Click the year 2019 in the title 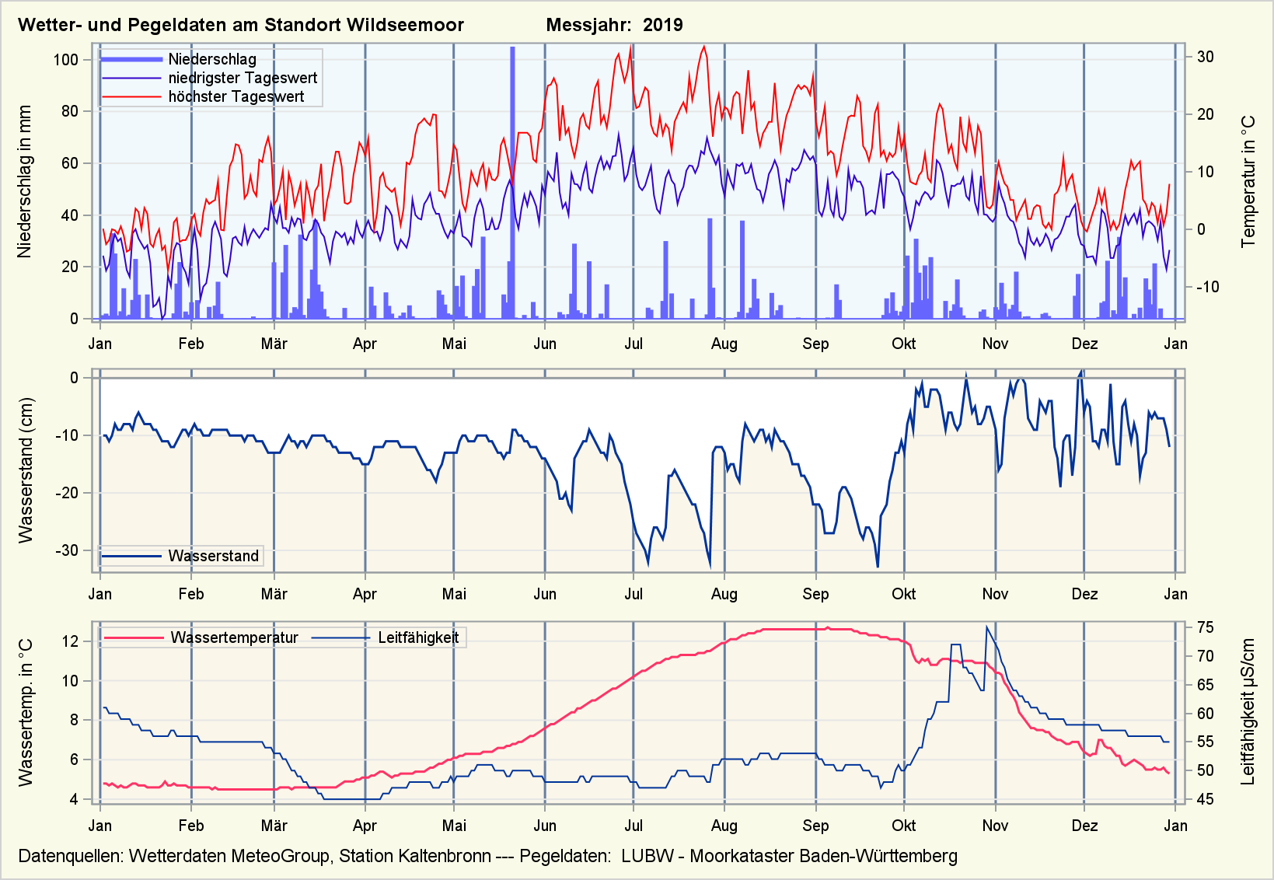662,25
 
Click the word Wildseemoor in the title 405,25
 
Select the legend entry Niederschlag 212,59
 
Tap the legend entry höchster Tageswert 236,96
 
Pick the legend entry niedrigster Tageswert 243,78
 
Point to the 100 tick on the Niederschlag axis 66,60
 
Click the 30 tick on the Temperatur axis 1205,57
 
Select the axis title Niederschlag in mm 25,182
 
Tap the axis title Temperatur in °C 1248,182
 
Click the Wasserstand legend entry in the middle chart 213,556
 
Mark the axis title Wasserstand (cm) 26,470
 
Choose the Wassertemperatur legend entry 234,638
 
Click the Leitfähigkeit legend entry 418,638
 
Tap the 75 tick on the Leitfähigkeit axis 1205,627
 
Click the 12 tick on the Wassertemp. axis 70,641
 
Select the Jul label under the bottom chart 634,826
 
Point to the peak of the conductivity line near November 986,627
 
